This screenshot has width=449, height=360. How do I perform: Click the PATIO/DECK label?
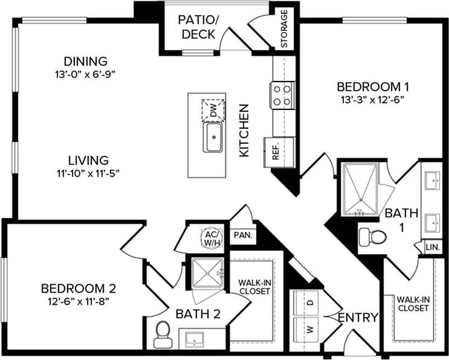[197, 27]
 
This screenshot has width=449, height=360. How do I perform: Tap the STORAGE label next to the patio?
[284, 28]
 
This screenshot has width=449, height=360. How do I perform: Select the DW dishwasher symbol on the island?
[213, 109]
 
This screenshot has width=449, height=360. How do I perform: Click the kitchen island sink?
[213, 137]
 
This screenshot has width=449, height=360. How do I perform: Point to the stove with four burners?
[282, 95]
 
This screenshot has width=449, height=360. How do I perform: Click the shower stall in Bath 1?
[361, 188]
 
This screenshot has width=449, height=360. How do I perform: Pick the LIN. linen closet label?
[433, 248]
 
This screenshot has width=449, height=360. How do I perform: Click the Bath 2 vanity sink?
[196, 341]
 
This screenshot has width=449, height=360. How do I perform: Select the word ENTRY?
[358, 318]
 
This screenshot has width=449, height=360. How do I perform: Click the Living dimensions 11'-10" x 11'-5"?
[88, 175]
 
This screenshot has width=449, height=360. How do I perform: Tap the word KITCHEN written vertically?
[244, 130]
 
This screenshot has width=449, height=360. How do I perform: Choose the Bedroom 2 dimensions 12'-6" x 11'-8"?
[79, 300]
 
